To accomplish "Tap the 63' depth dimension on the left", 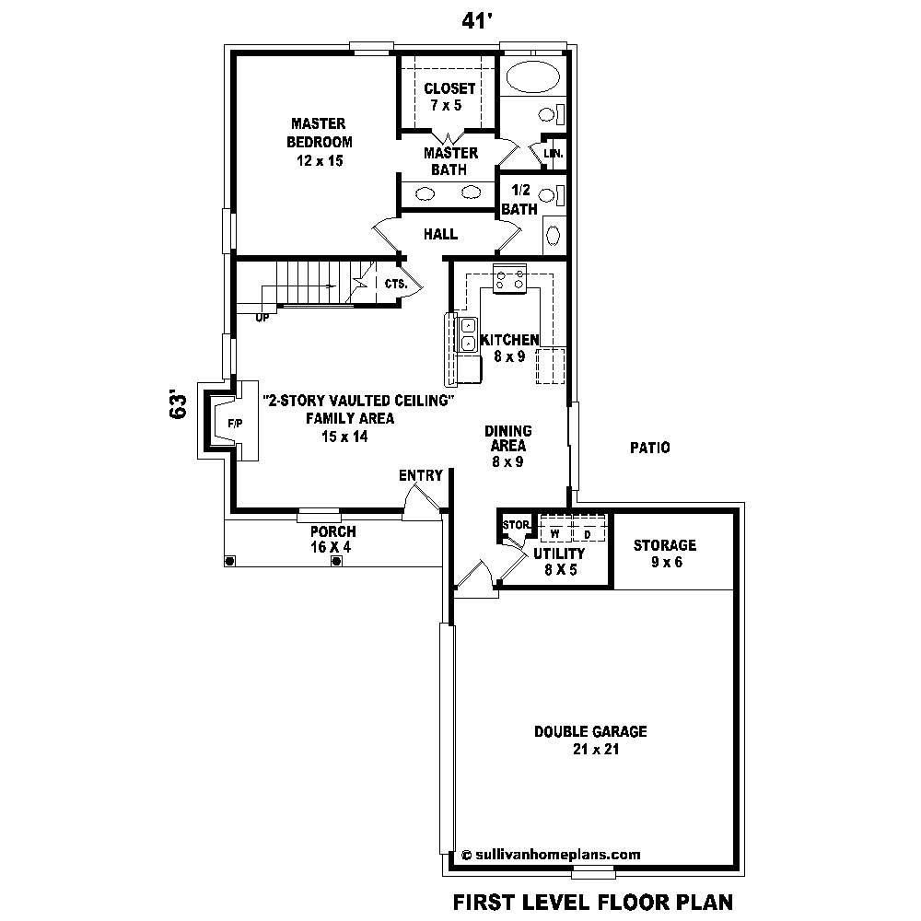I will (180, 405).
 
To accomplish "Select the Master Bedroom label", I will (319, 141).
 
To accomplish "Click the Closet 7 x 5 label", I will (449, 97).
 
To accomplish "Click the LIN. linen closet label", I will (554, 154).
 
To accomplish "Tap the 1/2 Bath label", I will (519, 199).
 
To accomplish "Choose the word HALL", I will (440, 235).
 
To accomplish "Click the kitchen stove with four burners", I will (508, 277).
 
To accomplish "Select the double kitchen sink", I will (467, 333).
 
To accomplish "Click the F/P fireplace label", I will (223, 424).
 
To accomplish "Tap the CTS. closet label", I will (396, 285).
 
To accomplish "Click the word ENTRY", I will (421, 475).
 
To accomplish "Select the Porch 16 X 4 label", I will (332, 539).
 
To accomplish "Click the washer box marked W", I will (555, 532).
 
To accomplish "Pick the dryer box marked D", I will (587, 532).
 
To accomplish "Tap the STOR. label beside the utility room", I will (516, 525).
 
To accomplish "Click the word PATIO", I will (649, 448).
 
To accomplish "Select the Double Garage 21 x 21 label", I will (590, 740).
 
